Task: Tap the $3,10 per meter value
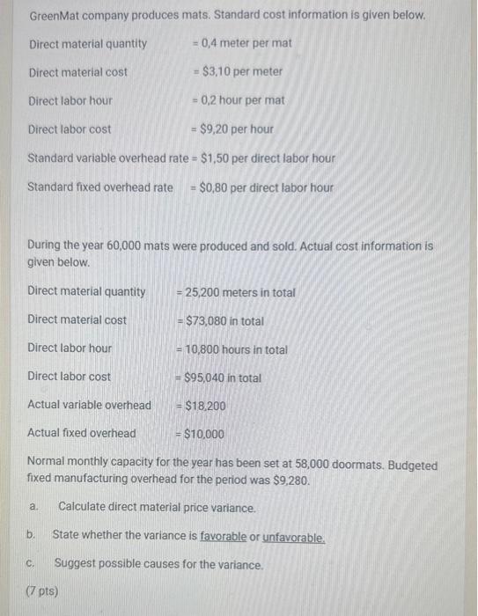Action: click(x=242, y=71)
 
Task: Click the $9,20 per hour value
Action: click(x=237, y=128)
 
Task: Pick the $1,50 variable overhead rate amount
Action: click(x=217, y=158)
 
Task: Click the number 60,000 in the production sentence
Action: click(x=126, y=246)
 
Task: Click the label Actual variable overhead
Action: click(x=89, y=406)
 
